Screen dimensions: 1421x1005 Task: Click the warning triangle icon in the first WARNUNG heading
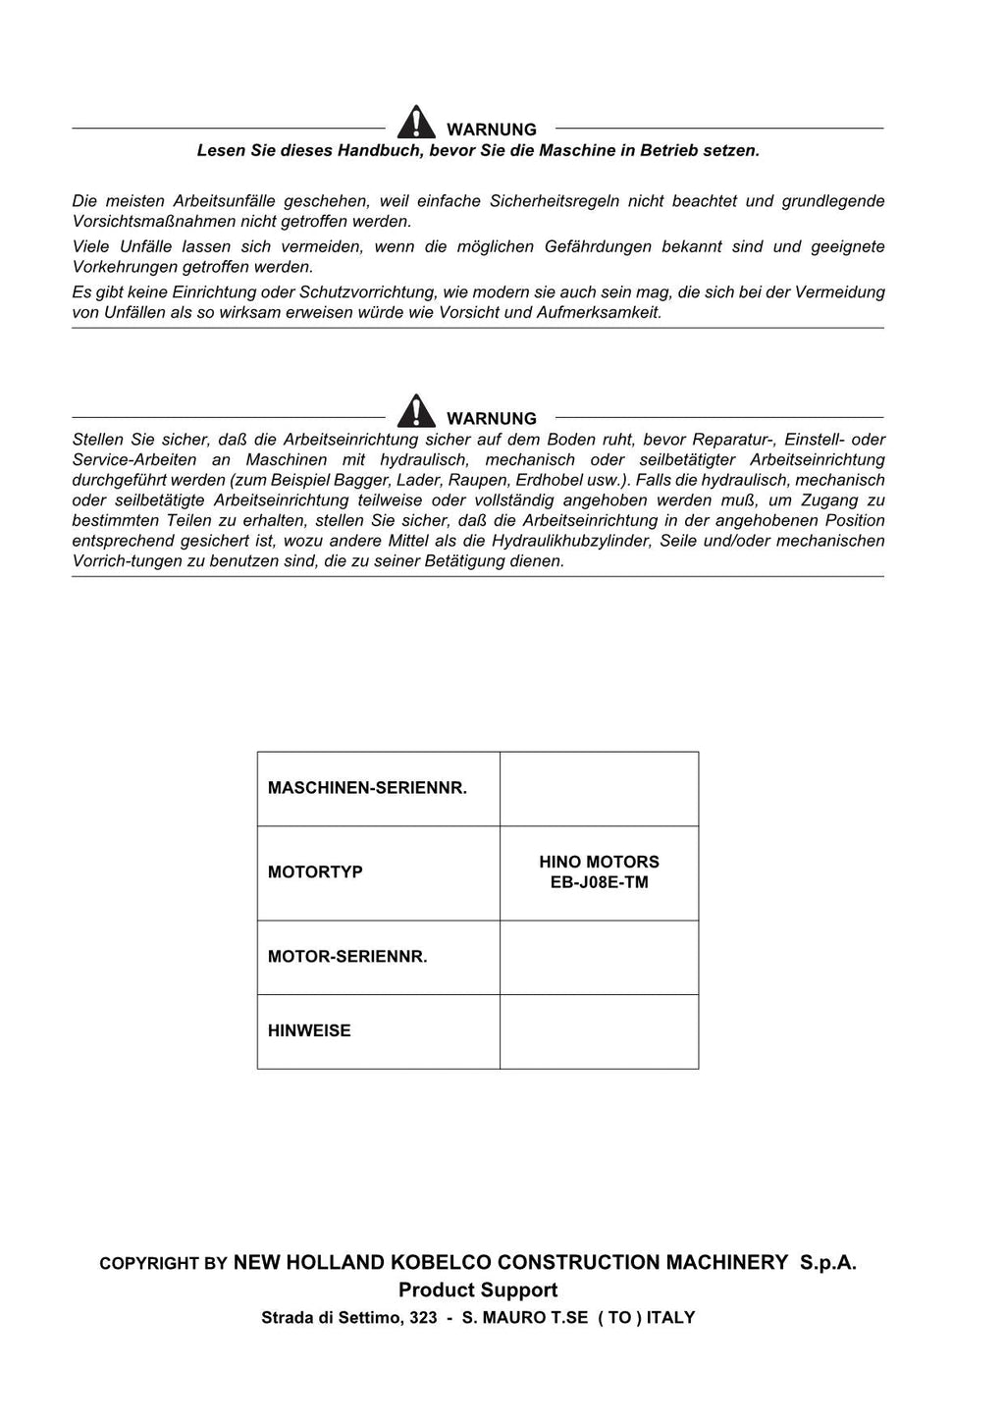(416, 123)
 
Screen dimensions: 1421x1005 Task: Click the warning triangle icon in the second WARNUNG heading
(416, 411)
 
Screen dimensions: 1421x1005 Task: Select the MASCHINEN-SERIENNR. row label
(367, 788)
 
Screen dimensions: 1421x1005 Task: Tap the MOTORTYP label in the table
(315, 871)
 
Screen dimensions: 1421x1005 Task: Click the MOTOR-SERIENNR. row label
(347, 956)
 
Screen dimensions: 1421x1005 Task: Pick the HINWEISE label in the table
(309, 1030)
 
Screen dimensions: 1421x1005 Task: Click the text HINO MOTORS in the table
(599, 862)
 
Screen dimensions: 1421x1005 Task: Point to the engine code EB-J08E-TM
(599, 882)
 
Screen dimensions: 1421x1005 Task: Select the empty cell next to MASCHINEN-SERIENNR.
(599, 788)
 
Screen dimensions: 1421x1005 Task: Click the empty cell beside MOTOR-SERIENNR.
(599, 957)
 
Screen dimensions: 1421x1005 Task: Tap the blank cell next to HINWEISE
(599, 1031)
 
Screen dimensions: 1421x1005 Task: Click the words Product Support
(478, 1290)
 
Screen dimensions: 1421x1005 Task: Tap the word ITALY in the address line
(670, 1318)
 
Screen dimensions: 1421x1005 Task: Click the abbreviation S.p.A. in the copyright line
(827, 1263)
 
